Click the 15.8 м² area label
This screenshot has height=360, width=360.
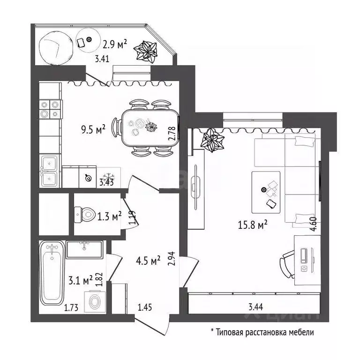pyautogui.click(x=253, y=225)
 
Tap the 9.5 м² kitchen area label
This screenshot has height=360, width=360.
pyautogui.click(x=93, y=129)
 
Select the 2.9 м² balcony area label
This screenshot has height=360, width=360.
pyautogui.click(x=115, y=44)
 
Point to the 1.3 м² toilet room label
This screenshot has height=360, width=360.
pyautogui.click(x=110, y=216)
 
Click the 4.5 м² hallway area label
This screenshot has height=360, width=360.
pyautogui.click(x=148, y=261)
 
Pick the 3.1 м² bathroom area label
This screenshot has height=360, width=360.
pyautogui.click(x=81, y=280)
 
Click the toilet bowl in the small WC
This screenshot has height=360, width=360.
pyautogui.click(x=85, y=215)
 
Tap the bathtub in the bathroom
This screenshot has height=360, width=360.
pyautogui.click(x=52, y=273)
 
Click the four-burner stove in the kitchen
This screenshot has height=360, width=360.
pyautogui.click(x=50, y=109)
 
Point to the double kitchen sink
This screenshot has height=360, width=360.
pyautogui.click(x=50, y=171)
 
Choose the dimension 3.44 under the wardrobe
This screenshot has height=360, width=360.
pyautogui.click(x=256, y=307)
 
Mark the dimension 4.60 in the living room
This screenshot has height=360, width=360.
pyautogui.click(x=314, y=224)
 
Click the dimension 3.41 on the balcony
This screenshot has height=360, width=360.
pyautogui.click(x=102, y=59)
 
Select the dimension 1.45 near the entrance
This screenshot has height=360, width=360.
pyautogui.click(x=145, y=307)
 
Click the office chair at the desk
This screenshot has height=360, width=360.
pyautogui.click(x=287, y=264)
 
